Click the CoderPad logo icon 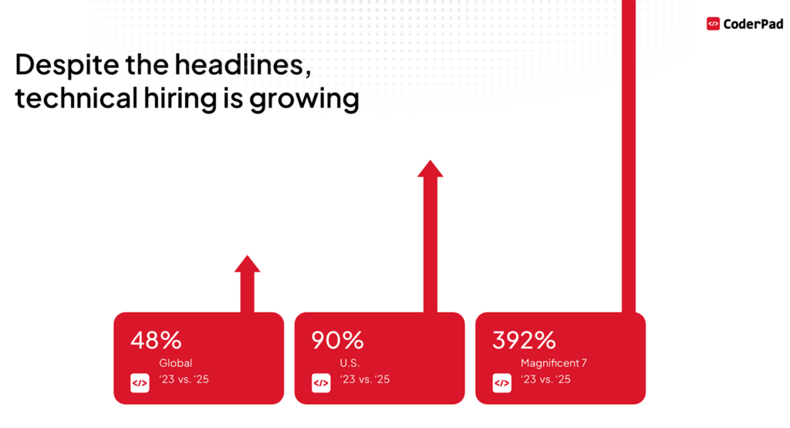click(x=713, y=24)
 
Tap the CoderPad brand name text click(x=753, y=24)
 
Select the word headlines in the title click(x=243, y=65)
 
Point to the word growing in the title click(x=304, y=99)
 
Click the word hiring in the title click(x=181, y=97)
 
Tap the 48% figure click(x=156, y=340)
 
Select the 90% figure click(x=337, y=340)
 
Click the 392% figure click(x=524, y=340)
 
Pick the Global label click(x=175, y=363)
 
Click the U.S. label click(x=349, y=363)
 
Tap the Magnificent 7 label click(x=554, y=363)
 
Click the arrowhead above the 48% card click(x=248, y=264)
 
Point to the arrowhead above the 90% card click(x=430, y=169)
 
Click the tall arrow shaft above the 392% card click(x=629, y=156)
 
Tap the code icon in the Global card click(x=140, y=383)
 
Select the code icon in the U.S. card click(x=321, y=383)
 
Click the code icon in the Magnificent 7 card click(x=501, y=383)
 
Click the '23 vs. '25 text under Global click(x=184, y=379)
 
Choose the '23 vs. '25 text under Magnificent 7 click(x=545, y=379)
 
